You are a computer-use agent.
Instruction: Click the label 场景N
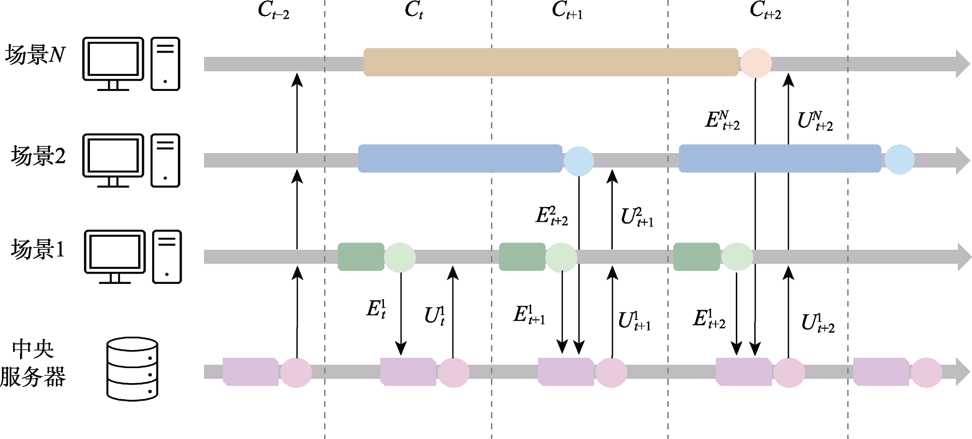[35, 54]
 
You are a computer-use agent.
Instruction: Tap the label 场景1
[38, 249]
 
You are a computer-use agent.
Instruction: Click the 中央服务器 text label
[33, 363]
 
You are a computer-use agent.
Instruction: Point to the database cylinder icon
[132, 369]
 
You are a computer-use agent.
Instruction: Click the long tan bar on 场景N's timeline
[551, 62]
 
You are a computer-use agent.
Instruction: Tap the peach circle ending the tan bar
[755, 63]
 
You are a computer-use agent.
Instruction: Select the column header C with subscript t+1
[567, 10]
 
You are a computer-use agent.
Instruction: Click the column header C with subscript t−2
[273, 10]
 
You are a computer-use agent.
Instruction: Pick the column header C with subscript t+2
[765, 10]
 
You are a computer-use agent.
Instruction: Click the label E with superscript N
[722, 120]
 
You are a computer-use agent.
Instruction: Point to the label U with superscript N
[815, 121]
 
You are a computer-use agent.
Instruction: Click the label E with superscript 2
[552, 215]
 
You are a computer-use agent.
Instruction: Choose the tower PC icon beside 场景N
[165, 64]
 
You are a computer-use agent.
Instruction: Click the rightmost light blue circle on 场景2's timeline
[899, 159]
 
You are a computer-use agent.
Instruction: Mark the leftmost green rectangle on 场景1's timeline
[361, 257]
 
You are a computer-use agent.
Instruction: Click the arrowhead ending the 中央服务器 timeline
[963, 372]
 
